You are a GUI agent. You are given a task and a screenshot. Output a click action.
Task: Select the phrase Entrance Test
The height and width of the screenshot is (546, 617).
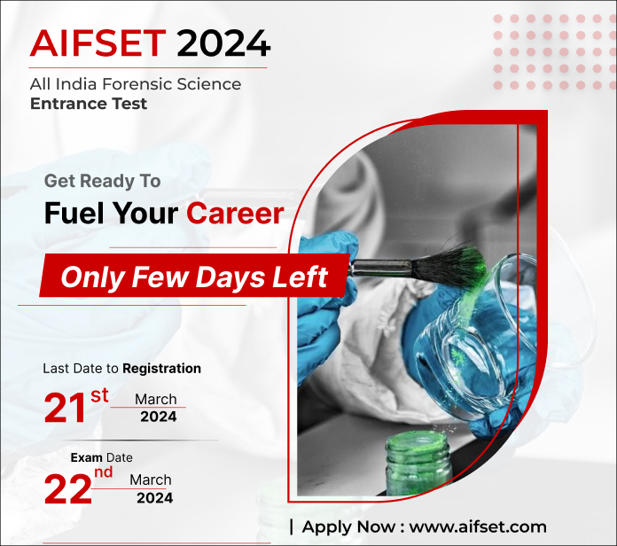tap(89, 104)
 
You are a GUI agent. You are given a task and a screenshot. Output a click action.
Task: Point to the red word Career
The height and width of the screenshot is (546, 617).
tap(235, 213)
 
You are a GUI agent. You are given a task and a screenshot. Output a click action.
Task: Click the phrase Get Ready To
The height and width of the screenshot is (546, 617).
tap(102, 181)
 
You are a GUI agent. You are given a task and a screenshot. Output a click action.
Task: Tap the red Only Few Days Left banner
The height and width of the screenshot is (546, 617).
tap(194, 277)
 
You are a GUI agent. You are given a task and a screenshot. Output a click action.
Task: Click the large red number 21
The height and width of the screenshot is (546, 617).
tap(66, 409)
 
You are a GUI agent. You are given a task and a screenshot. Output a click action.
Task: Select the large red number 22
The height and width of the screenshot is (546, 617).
tap(67, 490)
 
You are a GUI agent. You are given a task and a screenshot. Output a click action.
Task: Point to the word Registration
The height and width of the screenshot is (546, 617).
tap(161, 368)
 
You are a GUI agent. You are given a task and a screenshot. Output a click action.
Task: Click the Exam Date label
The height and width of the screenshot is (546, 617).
tap(101, 457)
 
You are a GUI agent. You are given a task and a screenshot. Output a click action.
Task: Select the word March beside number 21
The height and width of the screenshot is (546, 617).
tap(156, 399)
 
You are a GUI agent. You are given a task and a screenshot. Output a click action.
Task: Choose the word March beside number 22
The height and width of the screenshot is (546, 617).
tap(151, 480)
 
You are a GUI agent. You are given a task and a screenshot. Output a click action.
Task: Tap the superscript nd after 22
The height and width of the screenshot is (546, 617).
tap(104, 472)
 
